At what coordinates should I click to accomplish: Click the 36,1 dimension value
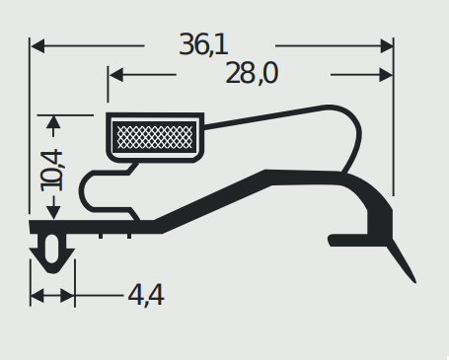click(203, 44)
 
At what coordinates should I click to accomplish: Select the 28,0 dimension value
click(252, 73)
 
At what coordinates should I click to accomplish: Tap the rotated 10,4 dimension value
click(51, 171)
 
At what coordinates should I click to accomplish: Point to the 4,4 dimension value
click(146, 295)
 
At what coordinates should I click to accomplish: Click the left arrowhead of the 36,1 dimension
click(37, 45)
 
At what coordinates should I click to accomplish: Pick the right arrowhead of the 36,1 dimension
click(387, 45)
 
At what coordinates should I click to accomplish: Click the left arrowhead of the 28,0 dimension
click(116, 75)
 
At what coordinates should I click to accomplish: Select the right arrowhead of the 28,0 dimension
click(386, 75)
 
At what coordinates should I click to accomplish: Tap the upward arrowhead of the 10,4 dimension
click(53, 122)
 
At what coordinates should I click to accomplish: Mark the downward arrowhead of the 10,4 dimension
click(53, 212)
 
